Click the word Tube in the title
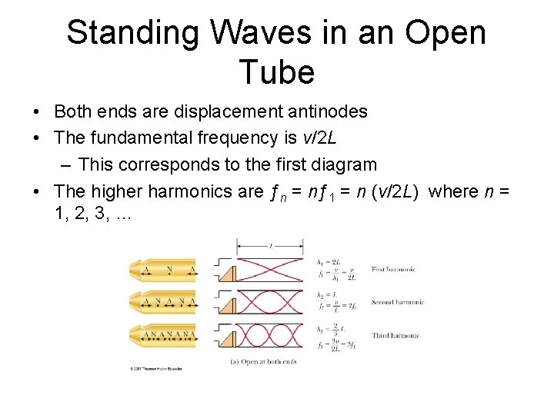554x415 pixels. (x=277, y=72)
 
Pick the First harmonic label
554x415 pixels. (x=393, y=269)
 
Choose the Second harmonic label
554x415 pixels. (x=397, y=302)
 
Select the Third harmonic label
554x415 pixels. (x=395, y=336)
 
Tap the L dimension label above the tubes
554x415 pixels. (x=271, y=247)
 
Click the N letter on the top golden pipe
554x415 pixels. (x=169, y=269)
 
